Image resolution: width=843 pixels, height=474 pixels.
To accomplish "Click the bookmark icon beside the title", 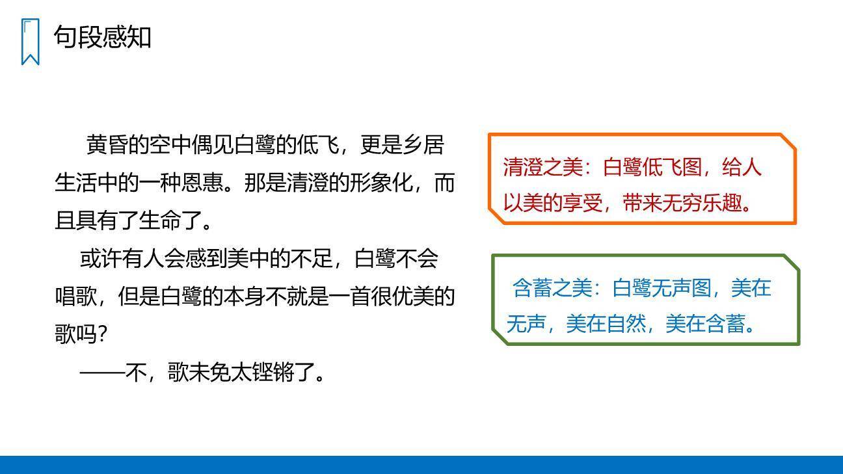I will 30,42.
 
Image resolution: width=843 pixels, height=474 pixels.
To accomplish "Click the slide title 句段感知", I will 102,36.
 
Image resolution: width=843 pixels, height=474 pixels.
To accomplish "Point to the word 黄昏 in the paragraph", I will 107,145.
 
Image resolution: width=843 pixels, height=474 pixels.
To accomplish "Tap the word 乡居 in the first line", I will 423,145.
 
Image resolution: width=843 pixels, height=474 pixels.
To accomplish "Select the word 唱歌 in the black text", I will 75,297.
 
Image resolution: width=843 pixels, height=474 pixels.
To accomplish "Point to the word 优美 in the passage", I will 412,297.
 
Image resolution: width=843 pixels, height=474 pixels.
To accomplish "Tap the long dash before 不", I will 101,373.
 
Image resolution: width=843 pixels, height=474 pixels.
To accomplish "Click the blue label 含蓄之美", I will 552,288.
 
